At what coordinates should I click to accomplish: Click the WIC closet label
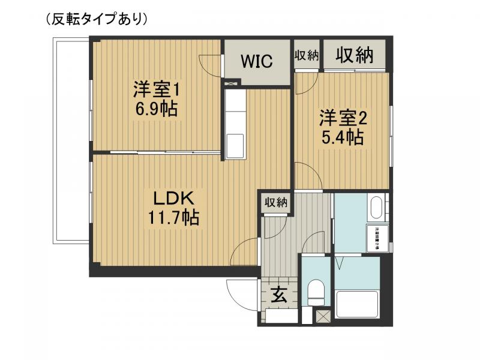(257, 61)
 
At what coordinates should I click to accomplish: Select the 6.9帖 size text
(157, 110)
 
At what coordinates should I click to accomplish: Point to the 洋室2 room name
(342, 116)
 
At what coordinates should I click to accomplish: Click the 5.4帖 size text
(342, 137)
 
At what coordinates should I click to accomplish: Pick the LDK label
(171, 197)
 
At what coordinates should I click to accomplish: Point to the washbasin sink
(377, 208)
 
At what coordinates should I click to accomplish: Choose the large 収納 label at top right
(354, 55)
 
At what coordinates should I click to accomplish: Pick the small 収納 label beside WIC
(306, 56)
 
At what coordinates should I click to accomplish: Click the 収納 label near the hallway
(276, 202)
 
